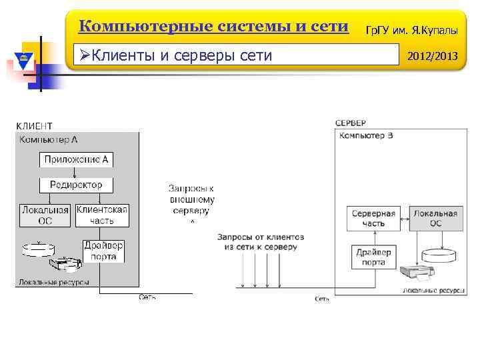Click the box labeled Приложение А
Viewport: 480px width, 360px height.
tap(76, 159)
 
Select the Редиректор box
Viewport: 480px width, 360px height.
tap(76, 184)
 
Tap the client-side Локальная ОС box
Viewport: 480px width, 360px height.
tap(45, 215)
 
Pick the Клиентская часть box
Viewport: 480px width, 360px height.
tap(102, 215)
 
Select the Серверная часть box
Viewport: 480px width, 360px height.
tap(373, 219)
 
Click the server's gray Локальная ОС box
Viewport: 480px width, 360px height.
tap(435, 219)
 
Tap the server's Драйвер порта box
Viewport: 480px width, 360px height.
tap(373, 257)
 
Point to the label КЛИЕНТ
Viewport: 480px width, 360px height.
tap(34, 126)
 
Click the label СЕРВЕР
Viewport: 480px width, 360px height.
tap(350, 123)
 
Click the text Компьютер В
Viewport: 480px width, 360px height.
tap(366, 136)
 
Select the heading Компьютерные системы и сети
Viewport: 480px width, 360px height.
tap(213, 27)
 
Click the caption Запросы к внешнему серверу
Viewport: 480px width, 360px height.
tap(191, 199)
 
